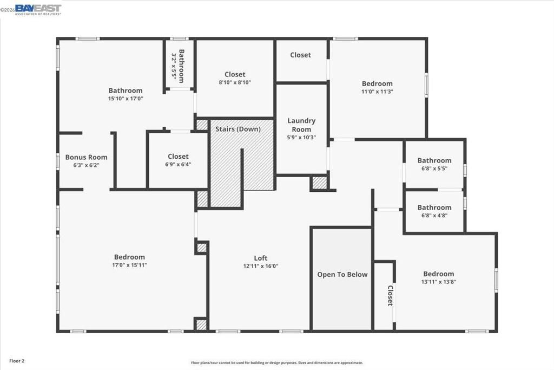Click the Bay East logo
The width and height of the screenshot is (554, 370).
coord(38,9)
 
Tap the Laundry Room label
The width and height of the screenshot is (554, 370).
coord(301,125)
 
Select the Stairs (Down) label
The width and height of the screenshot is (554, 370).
coord(238,129)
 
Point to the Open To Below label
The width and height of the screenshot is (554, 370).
coord(342,275)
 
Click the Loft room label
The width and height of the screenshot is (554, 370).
coord(261,258)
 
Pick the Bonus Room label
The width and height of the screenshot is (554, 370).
coord(87,157)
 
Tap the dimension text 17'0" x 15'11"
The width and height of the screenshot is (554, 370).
coord(129,265)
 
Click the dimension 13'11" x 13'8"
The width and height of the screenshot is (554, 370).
coord(439,282)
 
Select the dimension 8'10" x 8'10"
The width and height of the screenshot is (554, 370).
coord(235,82)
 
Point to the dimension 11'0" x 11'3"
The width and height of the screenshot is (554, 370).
coord(377,92)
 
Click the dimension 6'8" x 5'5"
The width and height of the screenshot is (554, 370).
coord(434,168)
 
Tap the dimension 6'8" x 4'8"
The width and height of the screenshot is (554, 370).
coord(434,215)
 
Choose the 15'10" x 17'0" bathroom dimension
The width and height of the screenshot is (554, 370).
coord(126,99)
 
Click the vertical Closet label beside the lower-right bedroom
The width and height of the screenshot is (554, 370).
coord(390,296)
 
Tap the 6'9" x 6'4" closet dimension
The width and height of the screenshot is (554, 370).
coord(178,164)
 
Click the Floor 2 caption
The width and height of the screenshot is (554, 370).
coord(16,360)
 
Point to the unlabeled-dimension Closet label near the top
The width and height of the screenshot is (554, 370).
coord(300,55)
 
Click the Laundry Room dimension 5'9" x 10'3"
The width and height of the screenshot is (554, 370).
coord(301,138)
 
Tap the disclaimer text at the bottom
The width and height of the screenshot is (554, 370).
coord(276,363)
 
